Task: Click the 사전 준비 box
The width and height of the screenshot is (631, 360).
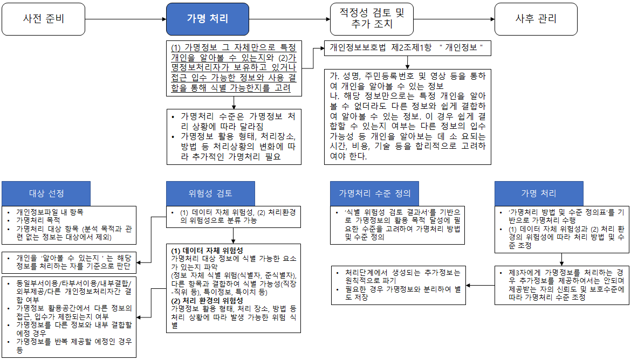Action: click(x=44, y=19)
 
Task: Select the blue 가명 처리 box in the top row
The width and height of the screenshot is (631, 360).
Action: click(x=207, y=19)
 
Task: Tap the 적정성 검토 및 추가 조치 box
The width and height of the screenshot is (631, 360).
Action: click(x=372, y=19)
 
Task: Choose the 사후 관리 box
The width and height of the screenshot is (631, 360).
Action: click(x=536, y=19)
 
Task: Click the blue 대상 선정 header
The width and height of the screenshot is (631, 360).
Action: click(x=46, y=193)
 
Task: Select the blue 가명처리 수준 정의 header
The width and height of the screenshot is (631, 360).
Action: click(x=375, y=193)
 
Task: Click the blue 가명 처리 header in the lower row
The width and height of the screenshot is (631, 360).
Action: click(x=539, y=193)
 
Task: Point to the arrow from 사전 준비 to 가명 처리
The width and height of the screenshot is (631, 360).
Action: click(x=126, y=19)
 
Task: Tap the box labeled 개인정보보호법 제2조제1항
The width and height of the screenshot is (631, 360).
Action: click(x=407, y=48)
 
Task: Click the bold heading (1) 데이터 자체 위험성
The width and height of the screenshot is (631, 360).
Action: click(x=207, y=251)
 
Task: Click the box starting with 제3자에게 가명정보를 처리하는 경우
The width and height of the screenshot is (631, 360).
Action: click(x=561, y=285)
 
